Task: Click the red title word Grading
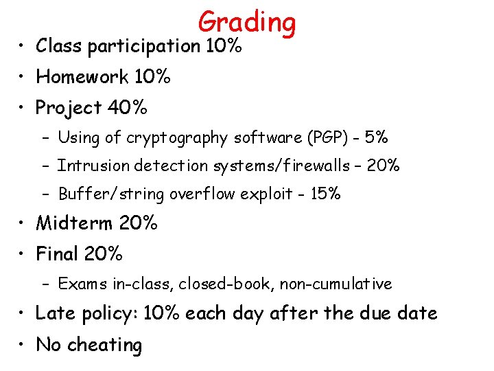[x=247, y=23]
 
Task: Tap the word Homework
[x=82, y=77]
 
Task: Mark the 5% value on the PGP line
[x=377, y=138]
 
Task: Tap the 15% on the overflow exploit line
[x=325, y=194]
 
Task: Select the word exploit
[x=268, y=194]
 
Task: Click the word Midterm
[x=74, y=223]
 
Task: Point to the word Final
[x=57, y=254]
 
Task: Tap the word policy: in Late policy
[x=110, y=314]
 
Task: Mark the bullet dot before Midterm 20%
[x=22, y=223]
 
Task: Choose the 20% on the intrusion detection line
[x=385, y=166]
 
